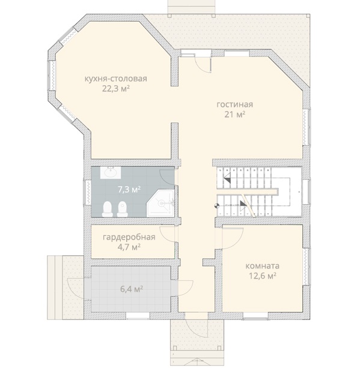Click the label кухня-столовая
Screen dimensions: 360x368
(116, 79)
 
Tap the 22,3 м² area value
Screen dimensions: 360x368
(116, 89)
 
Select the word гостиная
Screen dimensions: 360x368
(234, 104)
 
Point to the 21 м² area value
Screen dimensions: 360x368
(234, 115)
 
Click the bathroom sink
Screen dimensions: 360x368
(111, 172)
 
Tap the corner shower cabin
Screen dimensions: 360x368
(161, 204)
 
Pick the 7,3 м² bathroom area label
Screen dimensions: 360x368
(129, 189)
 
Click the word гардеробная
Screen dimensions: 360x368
(129, 237)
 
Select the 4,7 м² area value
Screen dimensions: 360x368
(129, 247)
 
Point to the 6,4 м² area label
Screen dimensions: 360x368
(132, 289)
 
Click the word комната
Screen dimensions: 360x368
(262, 266)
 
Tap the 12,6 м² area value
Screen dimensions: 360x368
(262, 276)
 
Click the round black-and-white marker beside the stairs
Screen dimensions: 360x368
(216, 206)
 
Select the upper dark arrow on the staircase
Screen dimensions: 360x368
(227, 179)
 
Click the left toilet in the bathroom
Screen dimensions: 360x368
(108, 209)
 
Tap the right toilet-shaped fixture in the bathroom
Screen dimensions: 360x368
(122, 209)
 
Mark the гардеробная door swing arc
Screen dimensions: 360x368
(163, 236)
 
